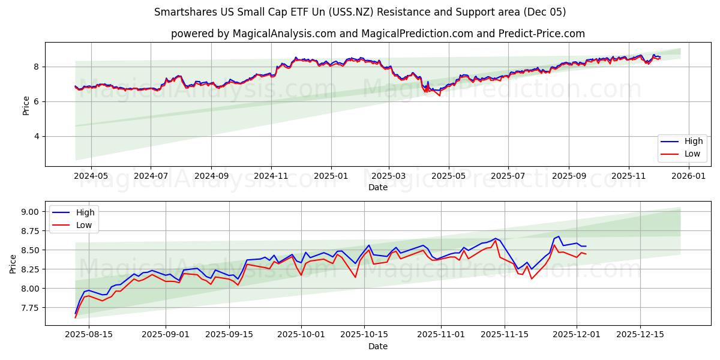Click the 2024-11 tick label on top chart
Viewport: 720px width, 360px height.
(271, 176)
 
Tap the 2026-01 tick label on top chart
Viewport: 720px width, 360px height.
(688, 176)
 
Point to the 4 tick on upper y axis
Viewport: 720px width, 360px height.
(36, 136)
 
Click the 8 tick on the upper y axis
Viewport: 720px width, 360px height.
(36, 67)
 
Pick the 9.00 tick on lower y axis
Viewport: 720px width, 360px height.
(30, 212)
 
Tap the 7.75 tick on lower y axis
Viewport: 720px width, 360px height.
(30, 308)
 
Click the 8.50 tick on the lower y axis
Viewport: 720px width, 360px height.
(30, 250)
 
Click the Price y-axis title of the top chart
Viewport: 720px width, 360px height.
(26, 106)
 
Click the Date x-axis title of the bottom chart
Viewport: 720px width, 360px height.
(378, 346)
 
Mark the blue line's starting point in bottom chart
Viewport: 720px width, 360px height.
(76, 313)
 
